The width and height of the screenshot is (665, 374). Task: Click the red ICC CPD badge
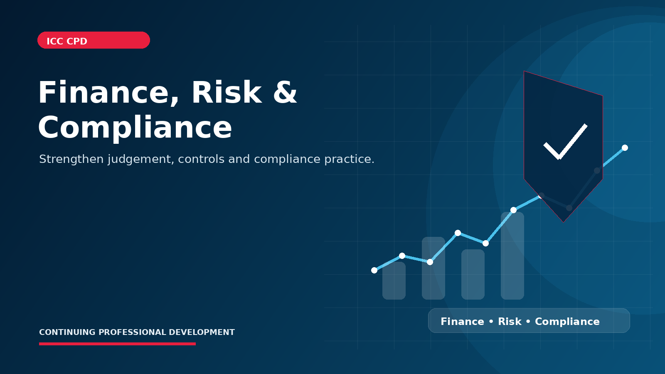pyautogui.click(x=94, y=40)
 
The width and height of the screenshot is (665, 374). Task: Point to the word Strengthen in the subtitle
pyautogui.click(x=71, y=160)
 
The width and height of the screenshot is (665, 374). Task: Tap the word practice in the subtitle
pyautogui.click(x=349, y=160)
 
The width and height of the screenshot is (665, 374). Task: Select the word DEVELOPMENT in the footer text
pyautogui.click(x=202, y=332)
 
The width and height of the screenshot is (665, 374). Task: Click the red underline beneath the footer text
pyautogui.click(x=117, y=344)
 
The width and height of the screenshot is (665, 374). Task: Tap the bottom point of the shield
pyautogui.click(x=564, y=222)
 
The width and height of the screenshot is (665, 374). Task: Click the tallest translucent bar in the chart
pyautogui.click(x=512, y=256)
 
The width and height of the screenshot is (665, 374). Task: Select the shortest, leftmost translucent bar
pyautogui.click(x=394, y=280)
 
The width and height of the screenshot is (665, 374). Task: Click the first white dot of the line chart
pyautogui.click(x=374, y=270)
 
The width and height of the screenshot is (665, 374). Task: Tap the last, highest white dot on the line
pyautogui.click(x=625, y=148)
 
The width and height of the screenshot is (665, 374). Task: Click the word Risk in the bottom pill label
pyautogui.click(x=510, y=322)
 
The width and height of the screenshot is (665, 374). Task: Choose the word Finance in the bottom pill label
pyautogui.click(x=462, y=322)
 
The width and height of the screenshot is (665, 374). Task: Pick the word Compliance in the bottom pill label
pyautogui.click(x=567, y=322)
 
